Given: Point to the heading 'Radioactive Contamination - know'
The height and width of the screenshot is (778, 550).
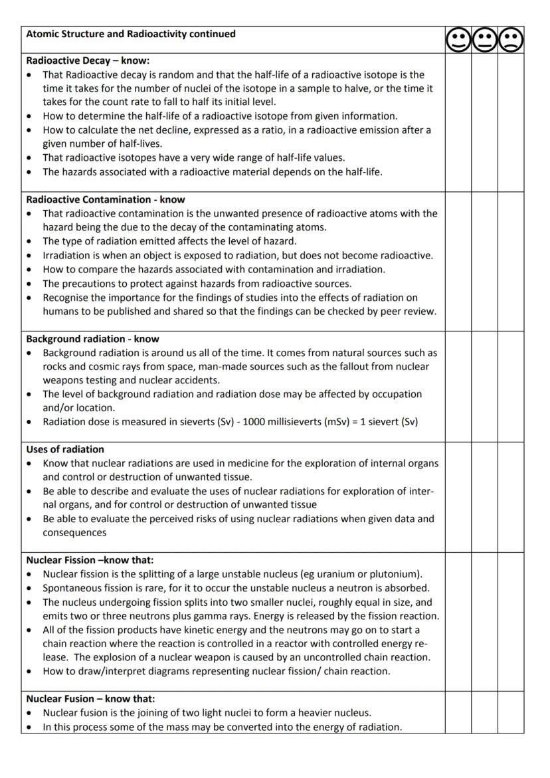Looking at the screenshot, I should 106,199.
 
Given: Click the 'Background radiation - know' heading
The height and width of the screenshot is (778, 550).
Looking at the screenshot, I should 93,339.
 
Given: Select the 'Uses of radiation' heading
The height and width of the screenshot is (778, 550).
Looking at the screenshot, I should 65,449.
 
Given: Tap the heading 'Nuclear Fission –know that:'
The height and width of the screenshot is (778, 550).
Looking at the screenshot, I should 90,560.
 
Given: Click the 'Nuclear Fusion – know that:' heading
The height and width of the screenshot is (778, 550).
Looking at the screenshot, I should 91,699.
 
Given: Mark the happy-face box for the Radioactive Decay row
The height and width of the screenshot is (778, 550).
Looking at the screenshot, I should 458,123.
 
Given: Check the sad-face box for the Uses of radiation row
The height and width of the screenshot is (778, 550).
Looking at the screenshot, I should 511,497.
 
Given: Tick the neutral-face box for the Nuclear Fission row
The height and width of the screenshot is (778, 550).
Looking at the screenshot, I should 484,621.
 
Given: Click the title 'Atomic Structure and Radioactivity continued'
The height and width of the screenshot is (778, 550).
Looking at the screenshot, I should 131,34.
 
